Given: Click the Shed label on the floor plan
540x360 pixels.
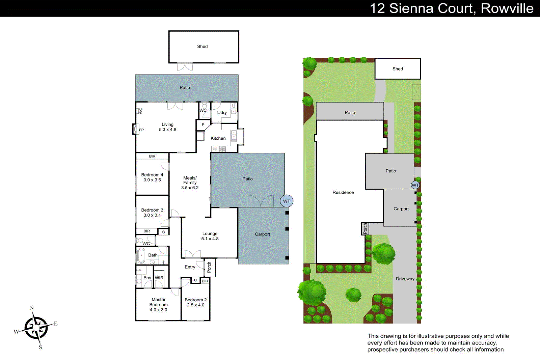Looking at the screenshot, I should click(x=202, y=47).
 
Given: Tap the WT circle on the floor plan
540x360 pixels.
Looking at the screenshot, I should click(x=287, y=201).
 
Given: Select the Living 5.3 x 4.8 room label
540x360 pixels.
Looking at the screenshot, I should click(x=167, y=127).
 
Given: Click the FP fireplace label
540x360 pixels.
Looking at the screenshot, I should click(x=141, y=130).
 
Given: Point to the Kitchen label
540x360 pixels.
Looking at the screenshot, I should click(x=218, y=138).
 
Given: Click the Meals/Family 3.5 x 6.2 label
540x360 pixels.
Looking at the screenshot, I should click(x=190, y=183).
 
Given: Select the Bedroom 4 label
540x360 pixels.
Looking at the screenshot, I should click(x=152, y=175).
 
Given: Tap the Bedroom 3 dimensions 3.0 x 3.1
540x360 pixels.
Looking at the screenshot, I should click(x=152, y=215).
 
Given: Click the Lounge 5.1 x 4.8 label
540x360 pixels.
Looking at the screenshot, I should click(x=210, y=236).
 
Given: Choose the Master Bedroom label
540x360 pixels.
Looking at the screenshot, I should click(x=158, y=302).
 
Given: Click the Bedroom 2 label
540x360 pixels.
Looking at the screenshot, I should click(x=195, y=300).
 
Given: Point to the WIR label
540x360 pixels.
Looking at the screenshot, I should click(x=159, y=278).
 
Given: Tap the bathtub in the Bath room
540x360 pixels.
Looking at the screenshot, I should click(x=141, y=255).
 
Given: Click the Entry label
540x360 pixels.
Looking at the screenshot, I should click(x=190, y=267).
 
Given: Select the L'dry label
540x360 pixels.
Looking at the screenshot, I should click(x=222, y=113).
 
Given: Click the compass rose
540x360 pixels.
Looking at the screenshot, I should click(x=36, y=327).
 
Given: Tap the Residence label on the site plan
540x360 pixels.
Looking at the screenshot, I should click(x=343, y=192).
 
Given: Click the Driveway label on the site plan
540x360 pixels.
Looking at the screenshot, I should click(x=405, y=279).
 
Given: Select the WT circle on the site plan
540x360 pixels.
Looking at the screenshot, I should click(x=415, y=185).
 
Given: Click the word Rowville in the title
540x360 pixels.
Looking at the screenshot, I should click(x=507, y=8).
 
